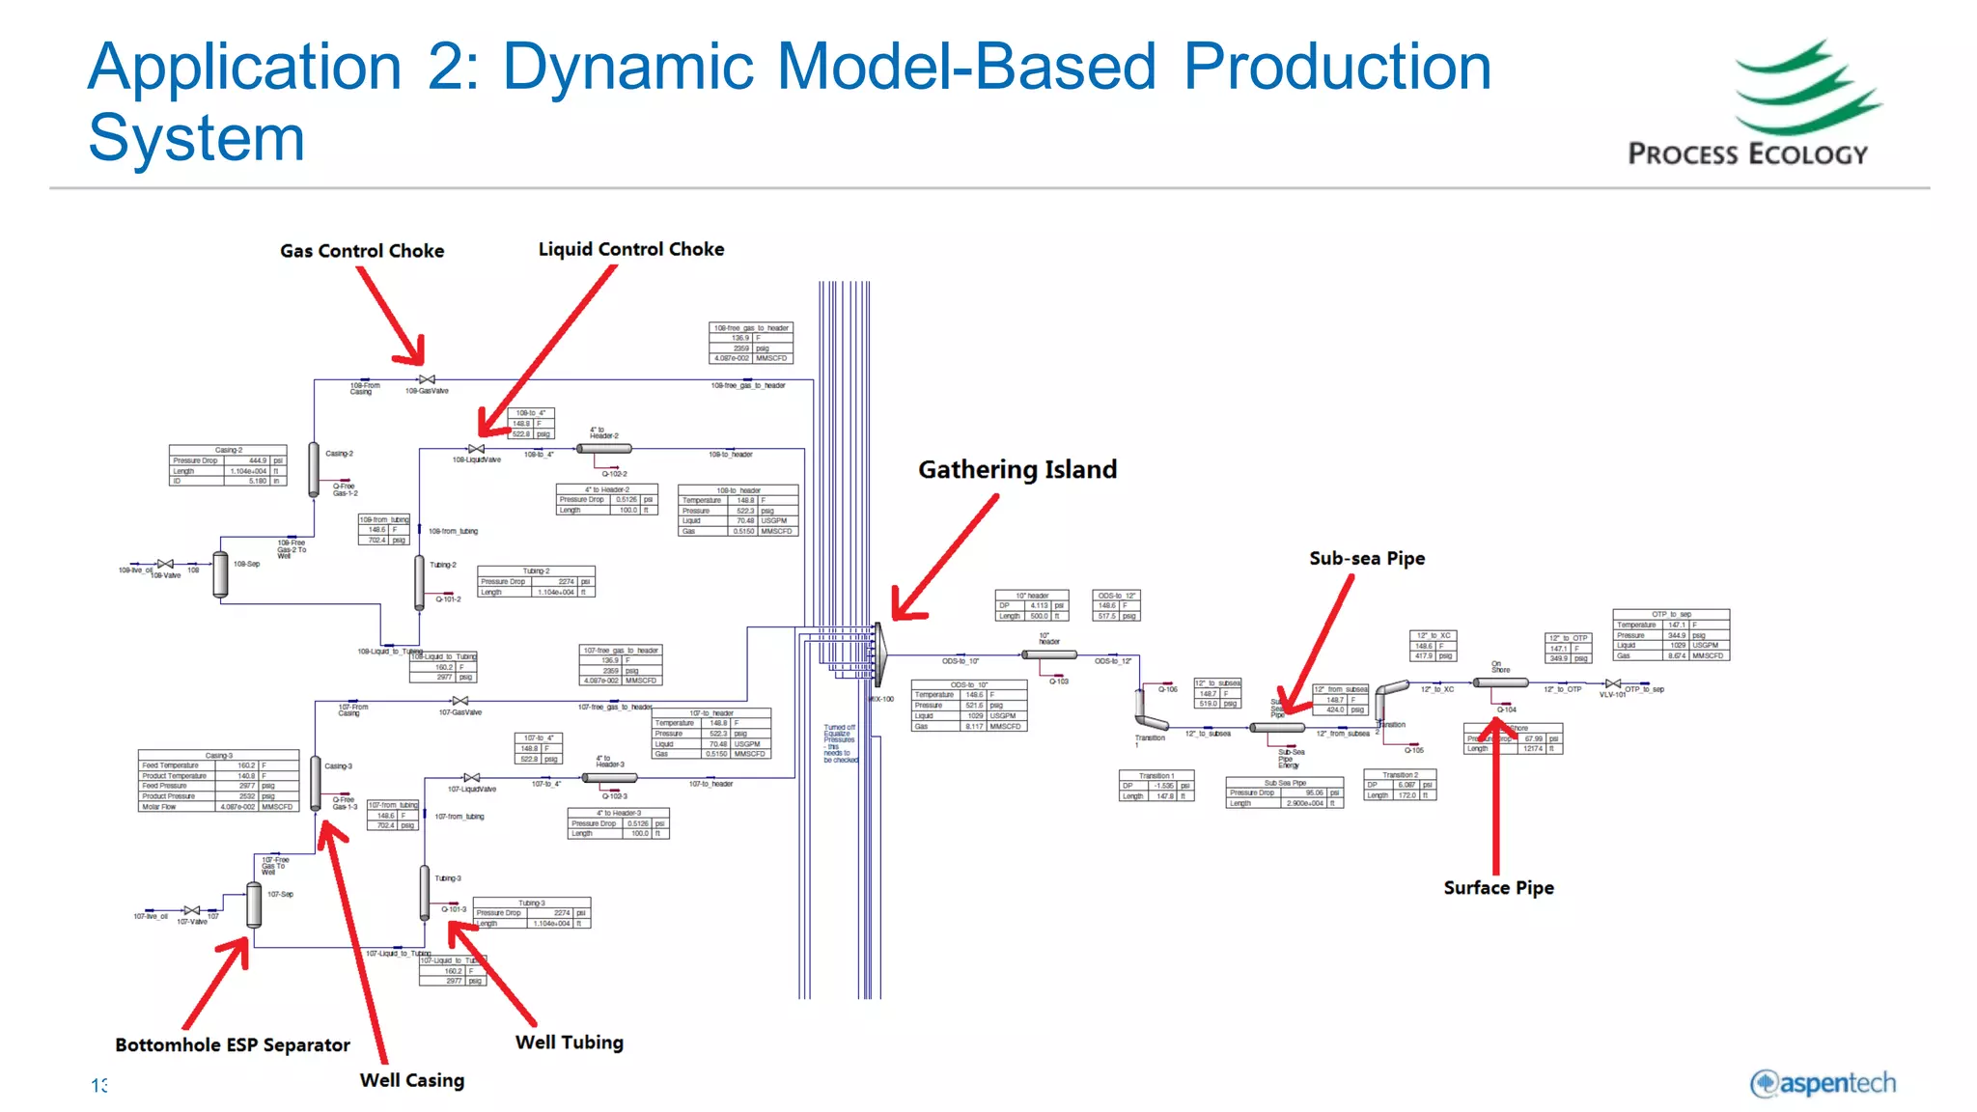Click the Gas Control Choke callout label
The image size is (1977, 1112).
click(362, 251)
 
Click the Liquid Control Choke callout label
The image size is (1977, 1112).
click(630, 249)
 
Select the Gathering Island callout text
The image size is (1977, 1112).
click(1017, 470)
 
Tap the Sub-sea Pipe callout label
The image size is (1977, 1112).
click(1366, 559)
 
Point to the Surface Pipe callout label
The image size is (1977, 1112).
click(1498, 888)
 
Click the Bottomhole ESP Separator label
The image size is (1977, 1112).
click(233, 1045)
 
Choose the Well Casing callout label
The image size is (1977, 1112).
click(411, 1081)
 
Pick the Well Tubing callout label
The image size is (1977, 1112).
click(569, 1042)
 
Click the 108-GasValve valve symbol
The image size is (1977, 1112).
click(427, 379)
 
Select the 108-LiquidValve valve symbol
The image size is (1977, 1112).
click(476, 449)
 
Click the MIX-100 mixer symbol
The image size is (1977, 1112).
click(880, 654)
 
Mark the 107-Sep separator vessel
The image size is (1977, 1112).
click(254, 904)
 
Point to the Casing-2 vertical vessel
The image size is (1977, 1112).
click(314, 469)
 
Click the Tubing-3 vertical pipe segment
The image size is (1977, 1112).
click(425, 892)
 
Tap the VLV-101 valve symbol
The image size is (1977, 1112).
click(1613, 683)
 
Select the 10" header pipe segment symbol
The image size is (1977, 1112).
click(1049, 654)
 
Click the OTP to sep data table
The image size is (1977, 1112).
click(1670, 635)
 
